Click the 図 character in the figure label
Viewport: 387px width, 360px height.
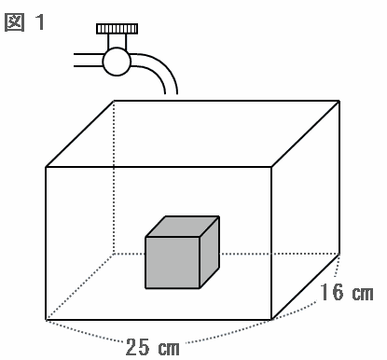tap(14, 22)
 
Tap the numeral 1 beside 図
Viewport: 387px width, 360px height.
tap(40, 22)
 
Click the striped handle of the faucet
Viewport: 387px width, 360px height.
tap(117, 29)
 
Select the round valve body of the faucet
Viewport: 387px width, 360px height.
tap(117, 62)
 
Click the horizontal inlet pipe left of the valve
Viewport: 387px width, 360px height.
tap(89, 60)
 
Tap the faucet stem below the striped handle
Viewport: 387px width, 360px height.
tap(117, 41)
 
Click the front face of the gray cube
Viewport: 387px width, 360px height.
tap(173, 263)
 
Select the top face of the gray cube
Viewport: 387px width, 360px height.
tap(183, 227)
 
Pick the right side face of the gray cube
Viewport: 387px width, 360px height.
tap(210, 252)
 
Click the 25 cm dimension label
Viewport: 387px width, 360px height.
tap(153, 347)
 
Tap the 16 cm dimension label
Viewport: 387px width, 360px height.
tap(347, 293)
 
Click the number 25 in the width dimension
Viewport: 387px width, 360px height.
tap(137, 347)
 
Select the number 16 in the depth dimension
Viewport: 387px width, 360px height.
tap(332, 292)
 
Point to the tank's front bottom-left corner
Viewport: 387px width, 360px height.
tap(46, 319)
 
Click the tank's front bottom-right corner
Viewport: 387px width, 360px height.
tap(271, 319)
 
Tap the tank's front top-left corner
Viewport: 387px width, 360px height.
tap(46, 167)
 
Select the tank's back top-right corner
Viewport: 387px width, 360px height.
tap(339, 101)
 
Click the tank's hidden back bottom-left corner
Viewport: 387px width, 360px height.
tap(114, 254)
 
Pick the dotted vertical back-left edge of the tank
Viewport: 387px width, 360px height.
tap(114, 177)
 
